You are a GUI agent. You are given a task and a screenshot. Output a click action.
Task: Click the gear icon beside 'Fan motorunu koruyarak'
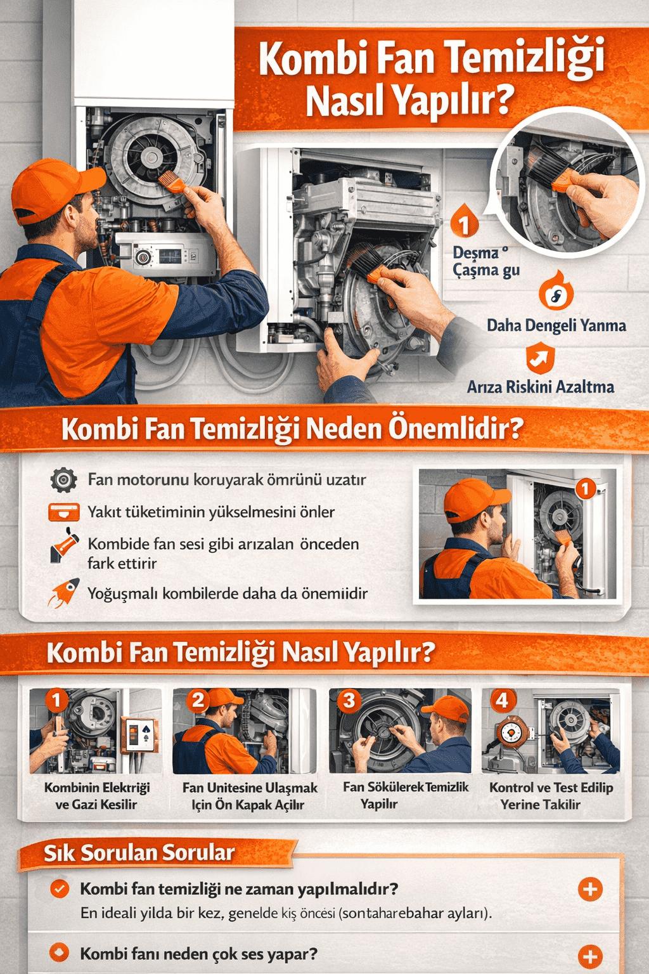(x=63, y=480)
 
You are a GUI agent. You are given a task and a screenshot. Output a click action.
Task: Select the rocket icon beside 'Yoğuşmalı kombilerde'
(x=65, y=592)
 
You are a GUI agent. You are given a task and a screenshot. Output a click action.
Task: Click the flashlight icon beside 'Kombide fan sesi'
(x=65, y=547)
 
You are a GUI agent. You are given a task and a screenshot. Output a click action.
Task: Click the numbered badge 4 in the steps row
(x=502, y=701)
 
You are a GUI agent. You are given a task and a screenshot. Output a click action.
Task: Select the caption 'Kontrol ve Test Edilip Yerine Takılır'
(x=551, y=796)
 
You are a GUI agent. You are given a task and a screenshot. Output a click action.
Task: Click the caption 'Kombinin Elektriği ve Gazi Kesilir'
(x=97, y=796)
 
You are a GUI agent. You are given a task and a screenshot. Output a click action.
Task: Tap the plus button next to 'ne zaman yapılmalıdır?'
(x=590, y=889)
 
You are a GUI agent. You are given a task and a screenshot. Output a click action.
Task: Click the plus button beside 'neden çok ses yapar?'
(x=590, y=956)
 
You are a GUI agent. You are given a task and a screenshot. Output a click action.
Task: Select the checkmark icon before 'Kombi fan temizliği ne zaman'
(x=60, y=889)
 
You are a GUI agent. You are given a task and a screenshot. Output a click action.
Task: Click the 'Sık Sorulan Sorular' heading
(x=139, y=853)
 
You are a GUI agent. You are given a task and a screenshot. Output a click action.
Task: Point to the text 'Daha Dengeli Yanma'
(x=556, y=325)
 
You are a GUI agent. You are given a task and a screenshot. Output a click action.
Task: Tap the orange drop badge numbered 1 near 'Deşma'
(x=465, y=222)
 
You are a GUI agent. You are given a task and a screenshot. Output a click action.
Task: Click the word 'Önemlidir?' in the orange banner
(x=456, y=429)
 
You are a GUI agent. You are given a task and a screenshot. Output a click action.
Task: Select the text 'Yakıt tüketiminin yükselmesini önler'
(x=211, y=512)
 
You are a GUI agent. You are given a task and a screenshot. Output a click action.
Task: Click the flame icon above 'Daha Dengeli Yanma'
(x=556, y=293)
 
